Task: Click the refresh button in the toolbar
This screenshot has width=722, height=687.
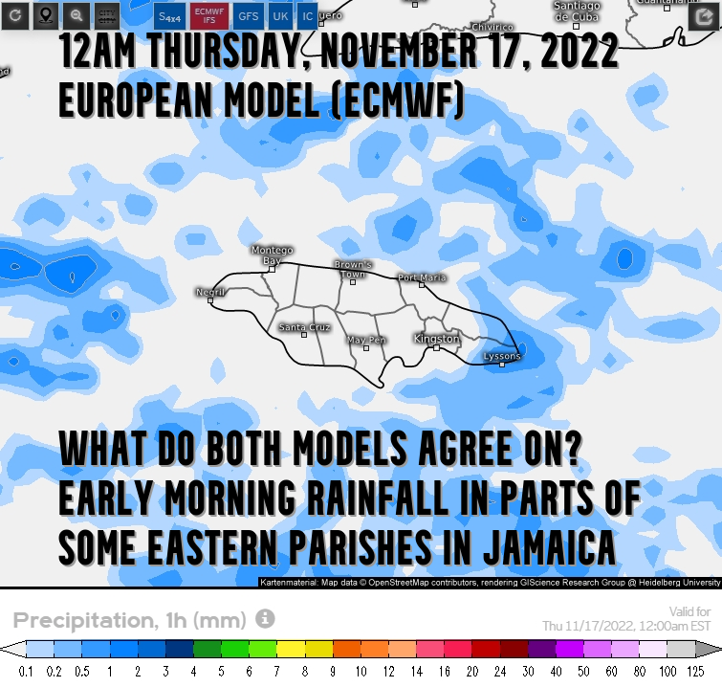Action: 14,15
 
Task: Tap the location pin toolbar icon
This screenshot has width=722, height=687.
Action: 45,15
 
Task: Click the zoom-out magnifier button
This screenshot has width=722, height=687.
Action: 77,15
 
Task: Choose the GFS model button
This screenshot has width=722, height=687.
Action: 249,16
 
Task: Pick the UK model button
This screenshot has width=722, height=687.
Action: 280,16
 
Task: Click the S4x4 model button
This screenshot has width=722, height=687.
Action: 170,16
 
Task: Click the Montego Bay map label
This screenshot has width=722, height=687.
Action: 266,255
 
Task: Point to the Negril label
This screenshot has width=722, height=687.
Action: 209,291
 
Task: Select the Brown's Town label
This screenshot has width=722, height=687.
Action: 353,269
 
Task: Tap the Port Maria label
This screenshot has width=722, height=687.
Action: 422,277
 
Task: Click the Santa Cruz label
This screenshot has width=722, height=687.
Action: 304,327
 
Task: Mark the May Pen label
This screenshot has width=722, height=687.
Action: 366,340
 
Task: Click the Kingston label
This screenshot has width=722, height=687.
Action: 437,339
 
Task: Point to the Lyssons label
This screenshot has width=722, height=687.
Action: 503,356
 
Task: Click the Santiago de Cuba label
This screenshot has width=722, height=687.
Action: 578,11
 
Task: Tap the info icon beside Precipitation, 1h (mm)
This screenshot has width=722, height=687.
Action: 265,618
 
